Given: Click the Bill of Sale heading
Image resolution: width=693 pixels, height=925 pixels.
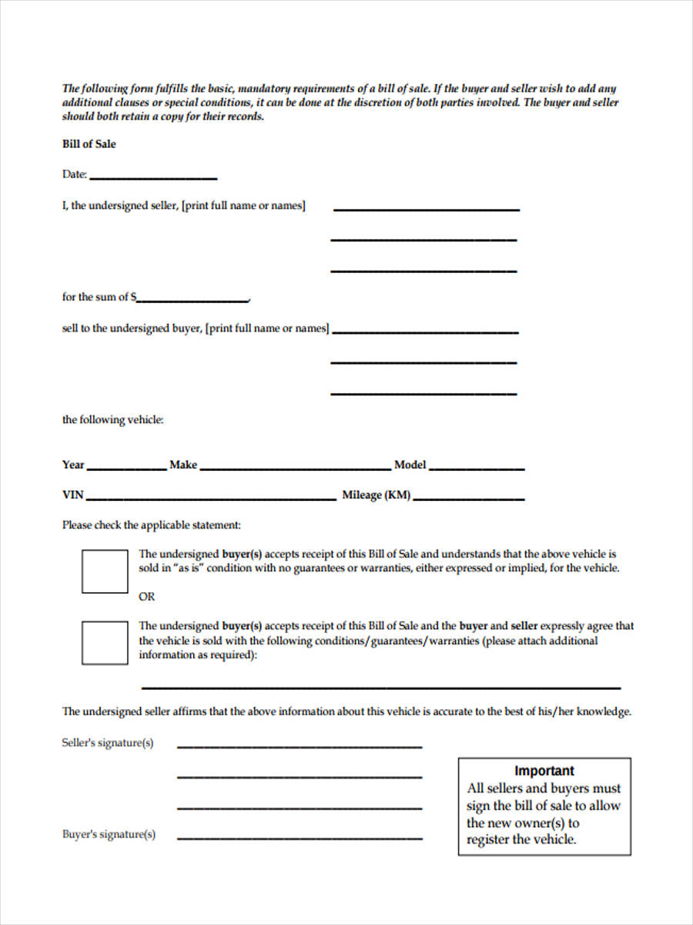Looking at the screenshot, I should (x=89, y=144).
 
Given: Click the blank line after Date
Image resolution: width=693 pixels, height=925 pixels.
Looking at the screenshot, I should (x=153, y=178).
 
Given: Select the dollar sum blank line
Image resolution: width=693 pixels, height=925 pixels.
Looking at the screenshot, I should (x=192, y=300).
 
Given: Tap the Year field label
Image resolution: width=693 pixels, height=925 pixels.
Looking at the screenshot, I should (x=73, y=465).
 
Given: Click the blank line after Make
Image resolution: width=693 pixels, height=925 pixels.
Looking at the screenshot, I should (x=294, y=468).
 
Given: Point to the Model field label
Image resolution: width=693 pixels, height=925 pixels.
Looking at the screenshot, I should (x=410, y=465).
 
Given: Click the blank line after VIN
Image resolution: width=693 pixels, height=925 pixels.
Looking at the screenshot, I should (x=210, y=499).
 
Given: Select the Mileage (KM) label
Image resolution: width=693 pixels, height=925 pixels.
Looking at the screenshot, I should (x=376, y=496).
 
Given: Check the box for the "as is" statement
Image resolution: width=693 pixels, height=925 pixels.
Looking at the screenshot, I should (x=105, y=571).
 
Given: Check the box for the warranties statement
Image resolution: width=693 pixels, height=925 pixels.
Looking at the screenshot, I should (x=105, y=643).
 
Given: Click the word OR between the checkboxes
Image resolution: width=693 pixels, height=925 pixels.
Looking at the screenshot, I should (x=146, y=597).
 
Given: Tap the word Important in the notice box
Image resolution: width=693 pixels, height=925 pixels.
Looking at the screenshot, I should (x=544, y=771).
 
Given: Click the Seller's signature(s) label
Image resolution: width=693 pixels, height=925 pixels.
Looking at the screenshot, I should (x=108, y=743).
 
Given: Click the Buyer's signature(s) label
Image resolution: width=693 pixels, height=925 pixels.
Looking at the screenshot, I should (x=109, y=834).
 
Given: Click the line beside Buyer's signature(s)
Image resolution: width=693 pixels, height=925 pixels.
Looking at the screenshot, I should (x=300, y=838).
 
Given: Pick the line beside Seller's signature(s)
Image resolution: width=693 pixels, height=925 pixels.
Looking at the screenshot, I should (x=300, y=747).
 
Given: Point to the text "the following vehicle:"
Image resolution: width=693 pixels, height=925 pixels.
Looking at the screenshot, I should (x=113, y=420).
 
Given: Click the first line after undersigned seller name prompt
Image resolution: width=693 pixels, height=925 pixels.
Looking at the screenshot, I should (x=427, y=210).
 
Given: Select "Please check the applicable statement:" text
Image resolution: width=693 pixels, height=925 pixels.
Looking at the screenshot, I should (x=152, y=525).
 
